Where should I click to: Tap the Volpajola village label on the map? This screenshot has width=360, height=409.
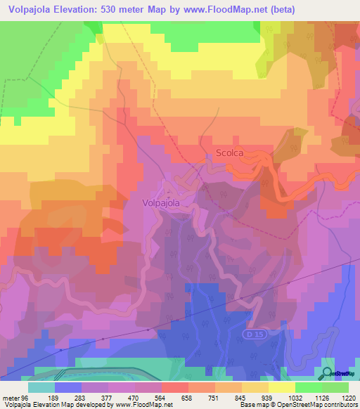[161, 203]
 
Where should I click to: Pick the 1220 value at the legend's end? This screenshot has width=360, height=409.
[348, 398]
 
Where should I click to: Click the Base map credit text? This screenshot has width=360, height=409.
[247, 405]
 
